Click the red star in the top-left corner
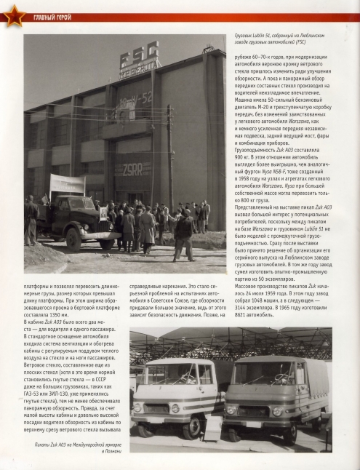tap(12, 15)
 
